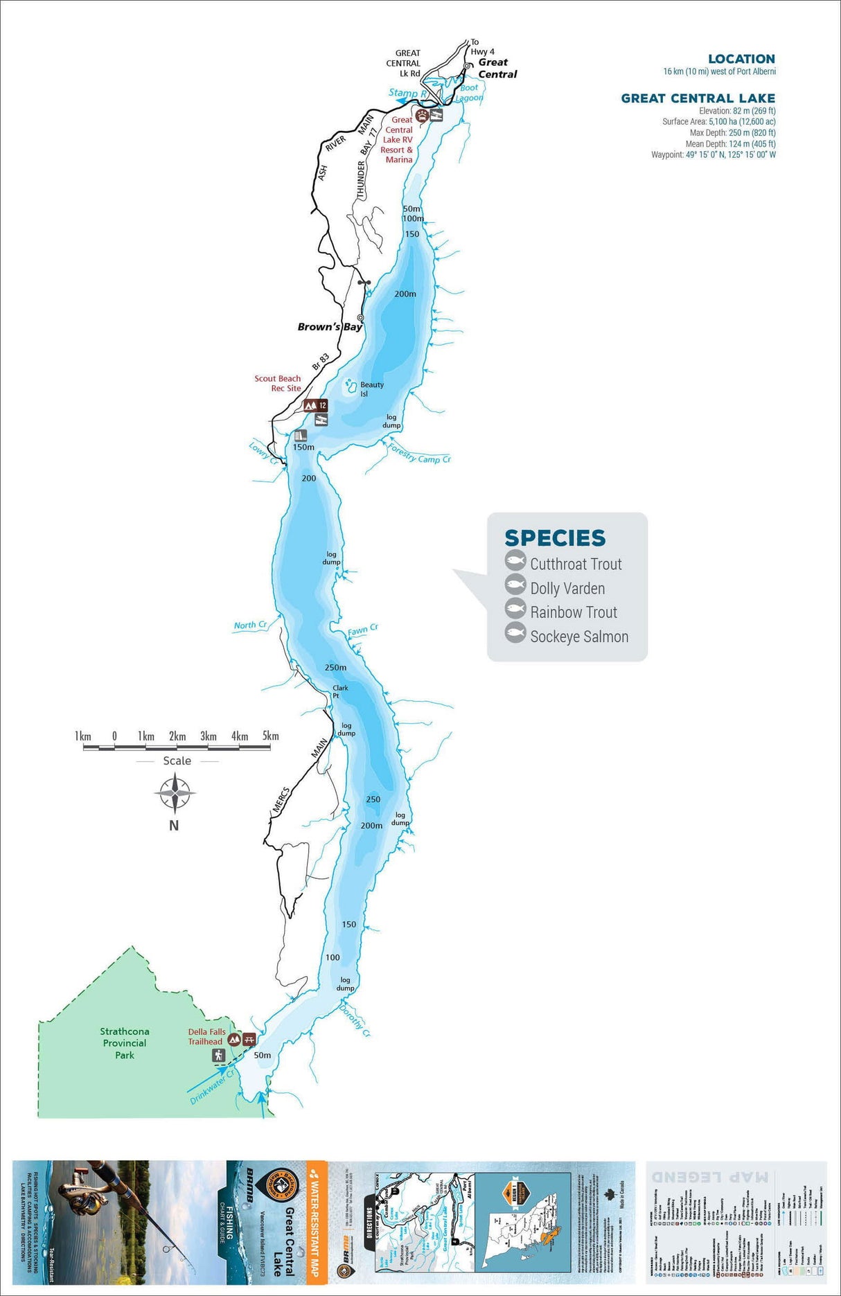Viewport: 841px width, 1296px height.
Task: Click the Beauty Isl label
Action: tap(371, 389)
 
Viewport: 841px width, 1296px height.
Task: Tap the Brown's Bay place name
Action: tap(329, 327)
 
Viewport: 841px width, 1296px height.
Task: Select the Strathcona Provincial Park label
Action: tap(125, 1043)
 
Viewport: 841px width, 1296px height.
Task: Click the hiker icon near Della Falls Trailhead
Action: tap(219, 1056)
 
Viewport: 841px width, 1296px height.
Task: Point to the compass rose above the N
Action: tap(175, 794)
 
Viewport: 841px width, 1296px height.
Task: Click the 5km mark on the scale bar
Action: tap(270, 736)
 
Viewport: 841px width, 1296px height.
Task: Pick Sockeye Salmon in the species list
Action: tap(579, 637)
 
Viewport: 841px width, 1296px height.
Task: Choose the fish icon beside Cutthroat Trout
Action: tap(515, 560)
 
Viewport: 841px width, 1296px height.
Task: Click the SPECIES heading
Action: tap(555, 538)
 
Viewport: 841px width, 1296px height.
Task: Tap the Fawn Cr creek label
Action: tap(362, 630)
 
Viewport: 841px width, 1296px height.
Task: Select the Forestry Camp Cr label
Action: tap(419, 454)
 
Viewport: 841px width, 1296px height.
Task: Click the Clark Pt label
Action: tap(339, 691)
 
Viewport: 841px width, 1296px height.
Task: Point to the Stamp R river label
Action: tap(407, 93)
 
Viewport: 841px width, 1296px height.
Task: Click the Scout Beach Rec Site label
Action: tap(278, 383)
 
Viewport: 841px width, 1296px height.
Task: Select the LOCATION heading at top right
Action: tap(741, 59)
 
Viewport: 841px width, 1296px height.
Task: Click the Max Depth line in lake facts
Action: tap(732, 133)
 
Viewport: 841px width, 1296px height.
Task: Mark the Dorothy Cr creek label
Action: tap(355, 1022)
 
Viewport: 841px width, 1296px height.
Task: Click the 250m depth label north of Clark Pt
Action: tap(335, 668)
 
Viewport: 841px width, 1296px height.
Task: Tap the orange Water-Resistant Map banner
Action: tap(316, 1219)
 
